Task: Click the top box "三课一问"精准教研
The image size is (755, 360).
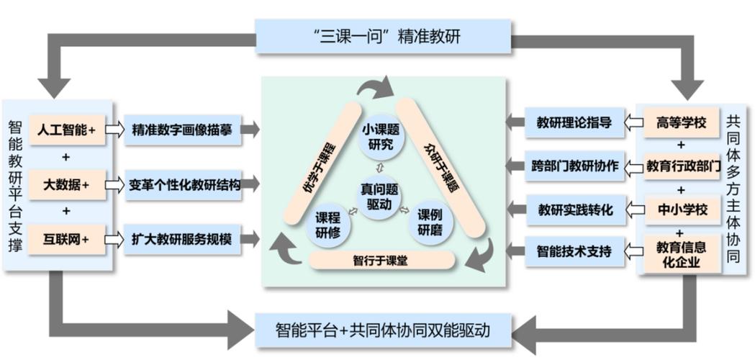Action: click(383, 36)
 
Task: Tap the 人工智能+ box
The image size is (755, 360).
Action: click(67, 130)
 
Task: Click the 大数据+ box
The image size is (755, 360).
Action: click(67, 185)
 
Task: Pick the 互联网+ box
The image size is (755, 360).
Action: click(67, 239)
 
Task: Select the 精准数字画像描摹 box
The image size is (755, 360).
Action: click(182, 130)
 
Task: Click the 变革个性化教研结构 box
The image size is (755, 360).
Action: click(182, 185)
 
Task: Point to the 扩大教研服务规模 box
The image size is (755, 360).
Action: click(182, 239)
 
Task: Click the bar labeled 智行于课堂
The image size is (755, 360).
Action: click(381, 260)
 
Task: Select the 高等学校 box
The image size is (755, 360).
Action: click(680, 122)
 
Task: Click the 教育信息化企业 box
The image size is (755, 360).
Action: click(680, 253)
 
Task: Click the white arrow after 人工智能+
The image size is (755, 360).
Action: click(114, 130)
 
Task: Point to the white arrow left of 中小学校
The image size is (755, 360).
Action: click(634, 210)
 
